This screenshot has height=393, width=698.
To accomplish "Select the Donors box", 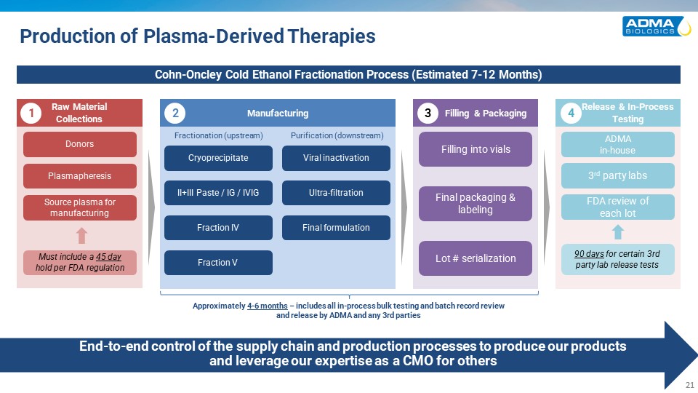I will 80,144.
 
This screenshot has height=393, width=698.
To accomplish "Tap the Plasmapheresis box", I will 80,175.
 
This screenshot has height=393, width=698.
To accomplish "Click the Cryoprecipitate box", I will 218,158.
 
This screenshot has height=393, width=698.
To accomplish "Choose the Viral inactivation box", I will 336,158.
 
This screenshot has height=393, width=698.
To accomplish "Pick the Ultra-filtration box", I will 336,193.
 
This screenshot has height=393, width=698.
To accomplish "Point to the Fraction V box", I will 218,263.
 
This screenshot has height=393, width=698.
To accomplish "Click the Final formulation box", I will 336,228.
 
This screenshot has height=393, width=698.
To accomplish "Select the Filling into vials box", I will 476,149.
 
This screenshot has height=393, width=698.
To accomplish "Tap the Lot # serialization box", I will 476,258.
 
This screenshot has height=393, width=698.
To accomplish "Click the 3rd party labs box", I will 617,175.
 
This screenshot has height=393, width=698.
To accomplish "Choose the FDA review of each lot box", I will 617,207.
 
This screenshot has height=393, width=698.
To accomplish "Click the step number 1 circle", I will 30,113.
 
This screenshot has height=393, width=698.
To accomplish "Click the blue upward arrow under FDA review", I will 618,231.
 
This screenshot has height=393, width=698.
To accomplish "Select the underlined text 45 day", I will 108,256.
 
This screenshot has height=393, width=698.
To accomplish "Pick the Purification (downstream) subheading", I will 337,135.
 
